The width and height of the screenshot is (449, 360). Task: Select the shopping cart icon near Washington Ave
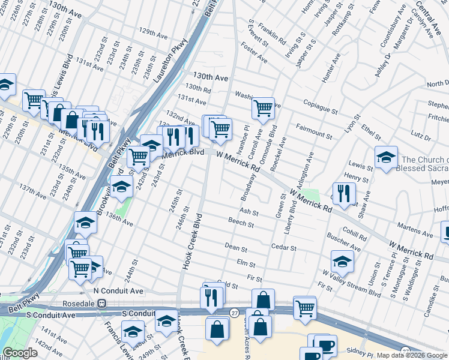pyautogui.click(x=263, y=108)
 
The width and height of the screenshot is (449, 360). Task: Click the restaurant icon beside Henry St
pyautogui.click(x=344, y=193)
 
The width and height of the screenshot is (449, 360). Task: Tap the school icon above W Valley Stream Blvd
pyautogui.click(x=342, y=261)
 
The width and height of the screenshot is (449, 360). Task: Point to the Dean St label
pyautogui.click(x=236, y=247)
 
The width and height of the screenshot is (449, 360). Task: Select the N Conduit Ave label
pyautogui.click(x=118, y=290)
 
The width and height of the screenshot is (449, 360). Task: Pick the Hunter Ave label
pyautogui.click(x=331, y=68)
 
